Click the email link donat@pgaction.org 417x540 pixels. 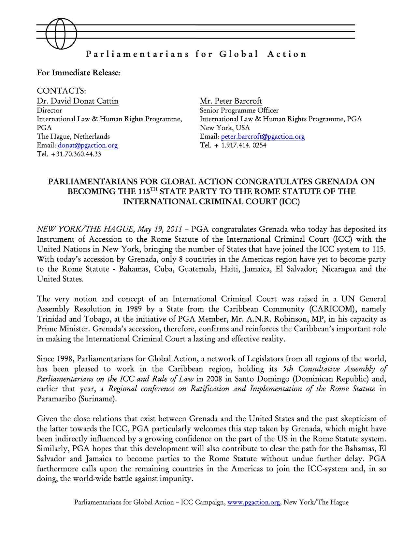click(88, 145)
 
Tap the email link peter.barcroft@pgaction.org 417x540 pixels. click(263, 137)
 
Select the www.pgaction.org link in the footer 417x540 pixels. click(254, 502)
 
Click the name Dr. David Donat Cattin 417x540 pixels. click(78, 101)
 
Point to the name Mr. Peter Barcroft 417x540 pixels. click(231, 101)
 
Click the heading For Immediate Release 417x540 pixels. click(79, 72)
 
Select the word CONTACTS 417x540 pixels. click(61, 90)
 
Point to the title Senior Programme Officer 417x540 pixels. click(239, 111)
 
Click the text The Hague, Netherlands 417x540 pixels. click(73, 136)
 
